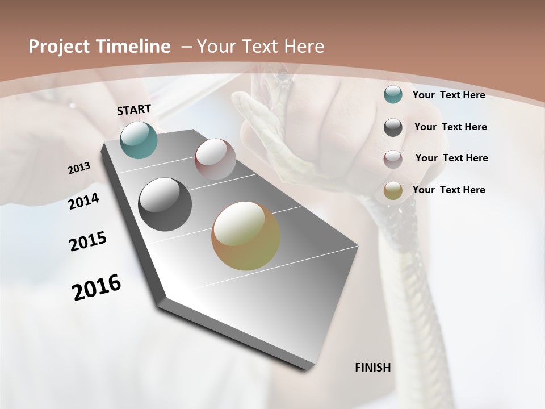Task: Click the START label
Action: (x=134, y=110)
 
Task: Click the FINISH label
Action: (x=372, y=368)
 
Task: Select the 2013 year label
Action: (x=79, y=168)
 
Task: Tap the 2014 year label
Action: (x=84, y=201)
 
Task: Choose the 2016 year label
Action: (x=97, y=287)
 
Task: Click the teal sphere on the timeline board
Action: (x=139, y=140)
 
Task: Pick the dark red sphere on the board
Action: (x=215, y=158)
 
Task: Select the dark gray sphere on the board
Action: (x=165, y=204)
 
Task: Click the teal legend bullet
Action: (x=393, y=95)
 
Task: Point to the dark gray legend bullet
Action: (x=393, y=127)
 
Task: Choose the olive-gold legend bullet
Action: (x=393, y=190)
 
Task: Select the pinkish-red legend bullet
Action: (x=393, y=158)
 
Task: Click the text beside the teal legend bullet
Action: (x=448, y=95)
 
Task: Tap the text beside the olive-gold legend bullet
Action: (x=448, y=190)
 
